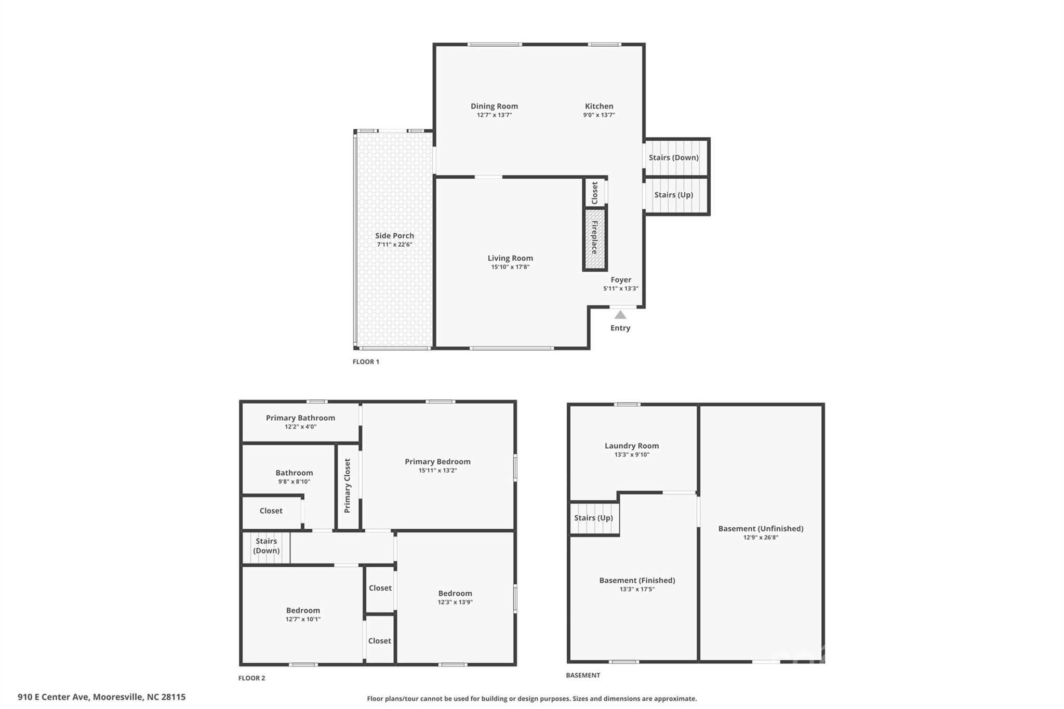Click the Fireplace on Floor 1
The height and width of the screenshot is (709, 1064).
point(595,238)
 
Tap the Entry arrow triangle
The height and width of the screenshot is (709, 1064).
point(620,315)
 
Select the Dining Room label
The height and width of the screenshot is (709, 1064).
point(494,106)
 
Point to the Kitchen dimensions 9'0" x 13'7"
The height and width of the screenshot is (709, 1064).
point(599,115)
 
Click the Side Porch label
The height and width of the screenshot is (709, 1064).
point(394,235)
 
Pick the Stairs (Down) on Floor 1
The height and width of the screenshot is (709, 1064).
point(674,157)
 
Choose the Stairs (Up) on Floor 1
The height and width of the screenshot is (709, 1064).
point(674,195)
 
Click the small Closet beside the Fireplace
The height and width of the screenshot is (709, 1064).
point(595,193)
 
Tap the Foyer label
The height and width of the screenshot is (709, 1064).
point(621,279)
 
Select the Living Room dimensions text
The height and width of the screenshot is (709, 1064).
point(510,267)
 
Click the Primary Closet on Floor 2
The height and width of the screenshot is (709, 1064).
point(348,486)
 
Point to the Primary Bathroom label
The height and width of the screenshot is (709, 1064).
point(300,418)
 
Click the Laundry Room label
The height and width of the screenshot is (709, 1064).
point(632,446)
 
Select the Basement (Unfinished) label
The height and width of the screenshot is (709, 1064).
point(761,528)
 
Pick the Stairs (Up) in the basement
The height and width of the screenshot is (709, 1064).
point(593,518)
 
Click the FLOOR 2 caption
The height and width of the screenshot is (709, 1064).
point(251,678)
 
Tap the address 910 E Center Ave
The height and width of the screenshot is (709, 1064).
point(101,697)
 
